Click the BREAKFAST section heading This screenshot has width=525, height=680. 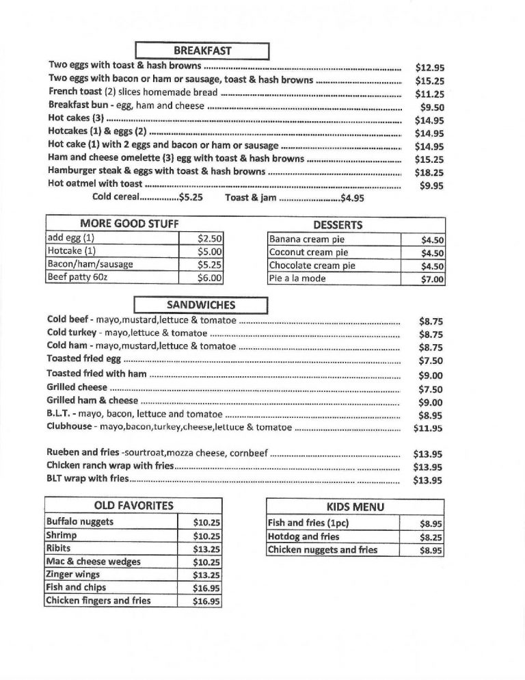202,51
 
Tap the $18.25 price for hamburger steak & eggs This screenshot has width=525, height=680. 429,173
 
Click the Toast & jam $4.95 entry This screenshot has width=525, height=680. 294,198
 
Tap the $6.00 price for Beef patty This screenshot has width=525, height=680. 209,278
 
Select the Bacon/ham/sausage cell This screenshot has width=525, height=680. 90,265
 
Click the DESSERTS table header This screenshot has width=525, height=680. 338,224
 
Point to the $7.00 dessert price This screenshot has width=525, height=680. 433,279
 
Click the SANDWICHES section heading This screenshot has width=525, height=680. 200,305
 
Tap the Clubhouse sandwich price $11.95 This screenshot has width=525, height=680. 429,428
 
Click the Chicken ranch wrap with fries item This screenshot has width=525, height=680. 110,466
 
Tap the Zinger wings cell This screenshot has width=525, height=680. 72,575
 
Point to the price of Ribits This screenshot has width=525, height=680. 206,549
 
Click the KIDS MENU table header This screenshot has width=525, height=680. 355,507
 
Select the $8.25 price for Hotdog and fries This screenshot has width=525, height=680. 431,538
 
